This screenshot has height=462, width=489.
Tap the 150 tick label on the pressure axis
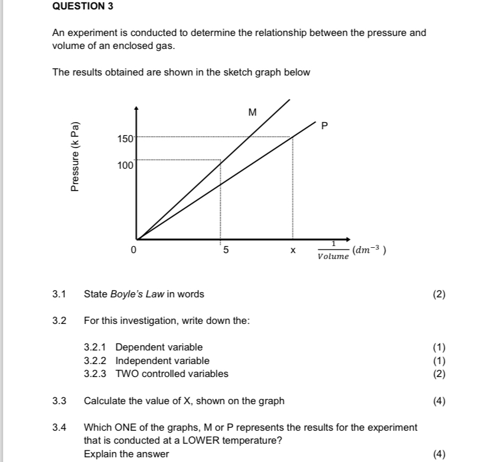(x=125, y=140)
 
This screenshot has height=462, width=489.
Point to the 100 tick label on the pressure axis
(x=125, y=166)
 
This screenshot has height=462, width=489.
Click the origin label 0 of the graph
(x=133, y=251)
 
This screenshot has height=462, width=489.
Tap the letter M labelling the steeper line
(x=253, y=112)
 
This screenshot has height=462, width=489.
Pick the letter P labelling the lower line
(x=324, y=125)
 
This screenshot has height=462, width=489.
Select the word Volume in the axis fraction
(x=333, y=257)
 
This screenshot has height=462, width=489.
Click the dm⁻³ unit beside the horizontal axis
(x=369, y=250)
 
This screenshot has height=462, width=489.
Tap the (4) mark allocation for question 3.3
(x=439, y=401)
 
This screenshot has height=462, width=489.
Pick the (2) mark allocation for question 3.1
(x=439, y=294)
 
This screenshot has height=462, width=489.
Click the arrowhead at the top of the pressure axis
(x=136, y=107)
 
